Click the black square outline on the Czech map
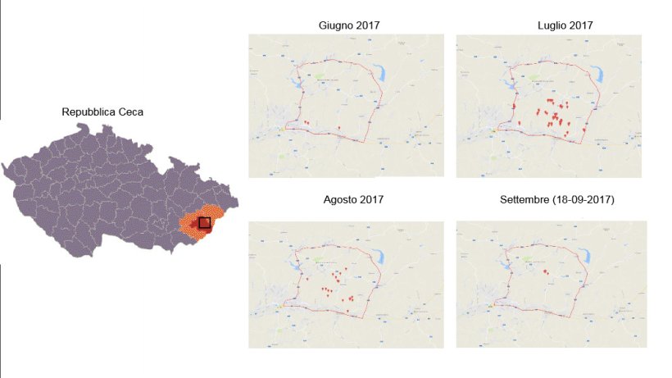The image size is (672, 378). point(205,222)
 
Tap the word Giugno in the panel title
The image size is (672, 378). point(337,25)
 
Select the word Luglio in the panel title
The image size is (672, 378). point(548,25)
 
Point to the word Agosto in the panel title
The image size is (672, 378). point(336,199)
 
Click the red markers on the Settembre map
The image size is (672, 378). point(545,271)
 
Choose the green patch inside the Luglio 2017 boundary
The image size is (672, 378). point(535,77)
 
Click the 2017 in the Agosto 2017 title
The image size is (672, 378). point(371,199)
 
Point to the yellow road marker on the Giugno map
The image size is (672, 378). point(282,129)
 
